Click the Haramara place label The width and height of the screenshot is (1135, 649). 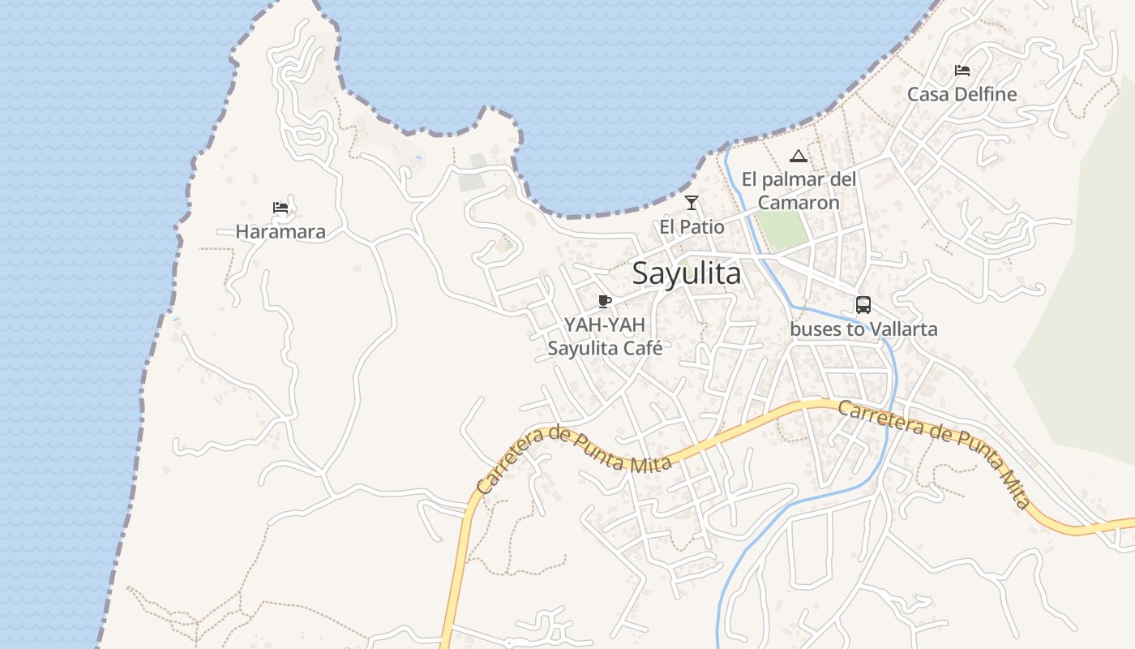tap(281, 232)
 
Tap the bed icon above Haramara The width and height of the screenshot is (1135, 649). tap(281, 208)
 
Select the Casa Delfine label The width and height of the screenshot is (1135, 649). tap(962, 94)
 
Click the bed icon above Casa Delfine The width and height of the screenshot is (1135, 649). tap(962, 71)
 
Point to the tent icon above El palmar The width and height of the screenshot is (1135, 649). tap(799, 156)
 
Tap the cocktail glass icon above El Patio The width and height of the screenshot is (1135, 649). tap(692, 203)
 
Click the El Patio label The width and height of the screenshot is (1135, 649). tap(692, 227)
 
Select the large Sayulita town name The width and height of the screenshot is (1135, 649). tap(686, 274)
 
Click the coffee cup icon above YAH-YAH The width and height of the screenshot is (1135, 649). tap(604, 302)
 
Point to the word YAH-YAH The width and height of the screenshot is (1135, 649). tap(605, 325)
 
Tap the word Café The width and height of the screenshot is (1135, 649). tap(643, 349)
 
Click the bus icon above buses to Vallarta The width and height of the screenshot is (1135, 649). tap(863, 305)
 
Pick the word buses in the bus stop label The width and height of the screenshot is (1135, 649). tap(813, 329)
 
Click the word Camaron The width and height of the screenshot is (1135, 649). tap(799, 203)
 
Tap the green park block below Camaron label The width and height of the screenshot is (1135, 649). tap(784, 230)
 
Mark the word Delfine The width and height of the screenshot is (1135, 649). tap(986, 94)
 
